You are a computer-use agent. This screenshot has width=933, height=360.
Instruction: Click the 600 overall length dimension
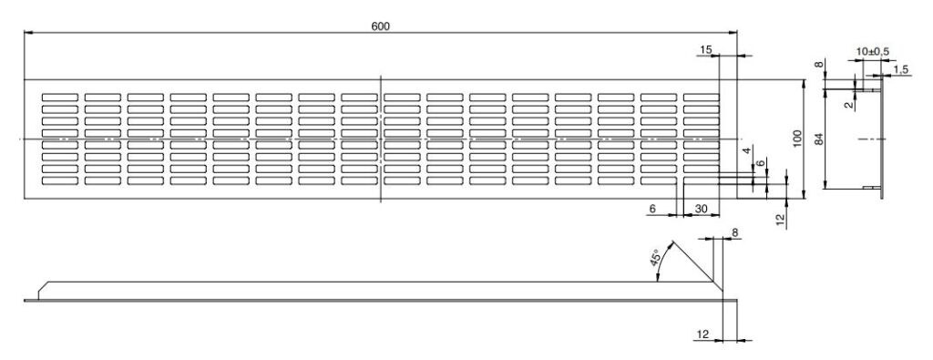(x=380, y=26)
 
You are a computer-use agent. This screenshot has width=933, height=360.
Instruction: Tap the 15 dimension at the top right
(x=706, y=50)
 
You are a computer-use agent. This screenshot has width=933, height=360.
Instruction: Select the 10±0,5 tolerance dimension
(x=872, y=52)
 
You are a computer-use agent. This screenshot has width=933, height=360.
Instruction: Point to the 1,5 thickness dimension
(x=901, y=69)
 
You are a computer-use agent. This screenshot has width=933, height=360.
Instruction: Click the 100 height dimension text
(x=798, y=139)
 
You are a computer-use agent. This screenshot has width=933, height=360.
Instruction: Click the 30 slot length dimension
(x=701, y=209)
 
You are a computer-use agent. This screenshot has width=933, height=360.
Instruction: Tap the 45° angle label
(x=655, y=258)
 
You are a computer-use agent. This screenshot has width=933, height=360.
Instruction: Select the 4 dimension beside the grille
(x=748, y=152)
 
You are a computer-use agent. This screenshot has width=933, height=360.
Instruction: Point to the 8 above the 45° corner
(x=735, y=233)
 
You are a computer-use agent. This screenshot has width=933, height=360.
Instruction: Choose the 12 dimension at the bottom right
(x=702, y=335)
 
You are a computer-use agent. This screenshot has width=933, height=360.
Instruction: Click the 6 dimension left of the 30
(x=652, y=209)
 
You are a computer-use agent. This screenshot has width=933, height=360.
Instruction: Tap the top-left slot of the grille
(x=60, y=97)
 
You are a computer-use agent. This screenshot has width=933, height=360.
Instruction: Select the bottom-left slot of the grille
(x=60, y=180)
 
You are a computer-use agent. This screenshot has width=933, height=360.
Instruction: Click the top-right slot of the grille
(x=701, y=97)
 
